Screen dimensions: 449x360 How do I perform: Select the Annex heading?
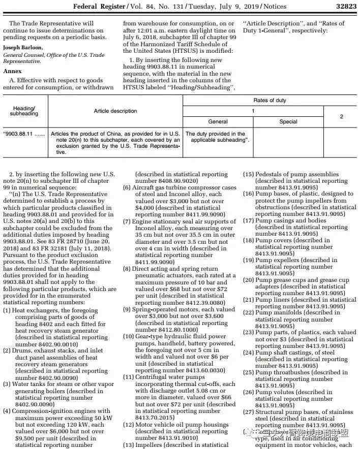coord(12,71)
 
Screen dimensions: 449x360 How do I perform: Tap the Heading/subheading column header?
coord(24,111)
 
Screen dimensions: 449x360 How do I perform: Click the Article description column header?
coord(115,111)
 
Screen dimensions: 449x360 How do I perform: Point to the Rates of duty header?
coord(269,100)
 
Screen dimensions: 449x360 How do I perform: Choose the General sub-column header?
coord(218,121)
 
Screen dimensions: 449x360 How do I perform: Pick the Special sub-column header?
coord(288,121)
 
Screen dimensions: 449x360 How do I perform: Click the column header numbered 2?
coord(341,116)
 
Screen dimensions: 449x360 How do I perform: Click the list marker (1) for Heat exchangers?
coord(7,310)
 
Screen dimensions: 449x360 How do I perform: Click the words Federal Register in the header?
coord(99,6)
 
